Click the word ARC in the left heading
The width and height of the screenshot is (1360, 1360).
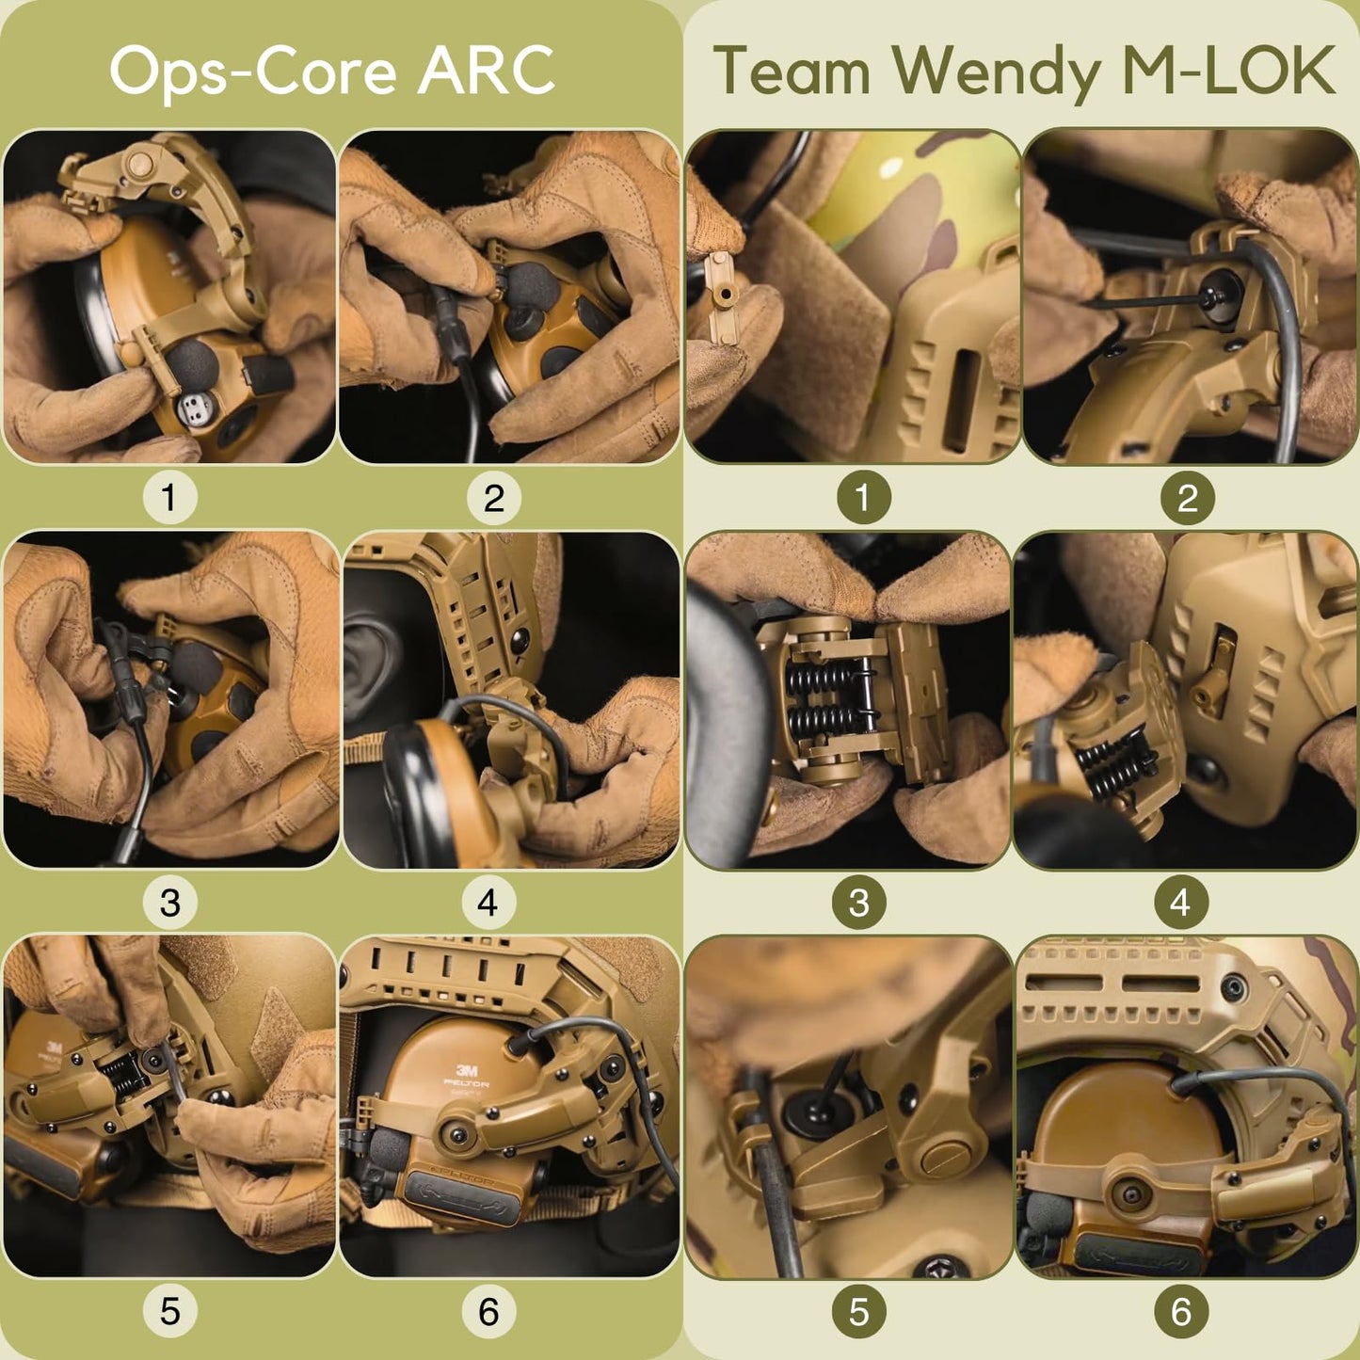pyautogui.click(x=486, y=71)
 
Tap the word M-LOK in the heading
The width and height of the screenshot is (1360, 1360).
pyautogui.click(x=1229, y=71)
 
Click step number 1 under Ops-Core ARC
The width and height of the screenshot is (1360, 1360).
pyautogui.click(x=169, y=498)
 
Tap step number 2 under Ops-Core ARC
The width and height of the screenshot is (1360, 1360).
pyautogui.click(x=493, y=498)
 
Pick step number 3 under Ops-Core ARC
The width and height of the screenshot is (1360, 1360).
pyautogui.click(x=169, y=903)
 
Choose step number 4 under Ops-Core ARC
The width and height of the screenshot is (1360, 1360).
pyautogui.click(x=488, y=903)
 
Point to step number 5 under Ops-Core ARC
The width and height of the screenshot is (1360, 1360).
pyautogui.click(x=169, y=1311)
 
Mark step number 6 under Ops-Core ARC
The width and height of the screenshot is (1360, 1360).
pyautogui.click(x=488, y=1311)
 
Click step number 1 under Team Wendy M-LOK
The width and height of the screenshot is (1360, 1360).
pyautogui.click(x=864, y=498)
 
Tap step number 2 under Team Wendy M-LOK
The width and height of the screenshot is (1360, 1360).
pyautogui.click(x=1188, y=498)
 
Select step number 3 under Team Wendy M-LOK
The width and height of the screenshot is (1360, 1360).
pyautogui.click(x=859, y=903)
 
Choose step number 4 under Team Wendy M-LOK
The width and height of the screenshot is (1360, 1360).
pyautogui.click(x=1181, y=903)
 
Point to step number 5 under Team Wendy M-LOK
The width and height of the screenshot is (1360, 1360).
pyautogui.click(x=859, y=1311)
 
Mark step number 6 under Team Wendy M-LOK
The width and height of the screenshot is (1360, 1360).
pyautogui.click(x=1181, y=1311)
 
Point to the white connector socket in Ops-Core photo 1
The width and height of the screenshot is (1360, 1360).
pyautogui.click(x=193, y=408)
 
